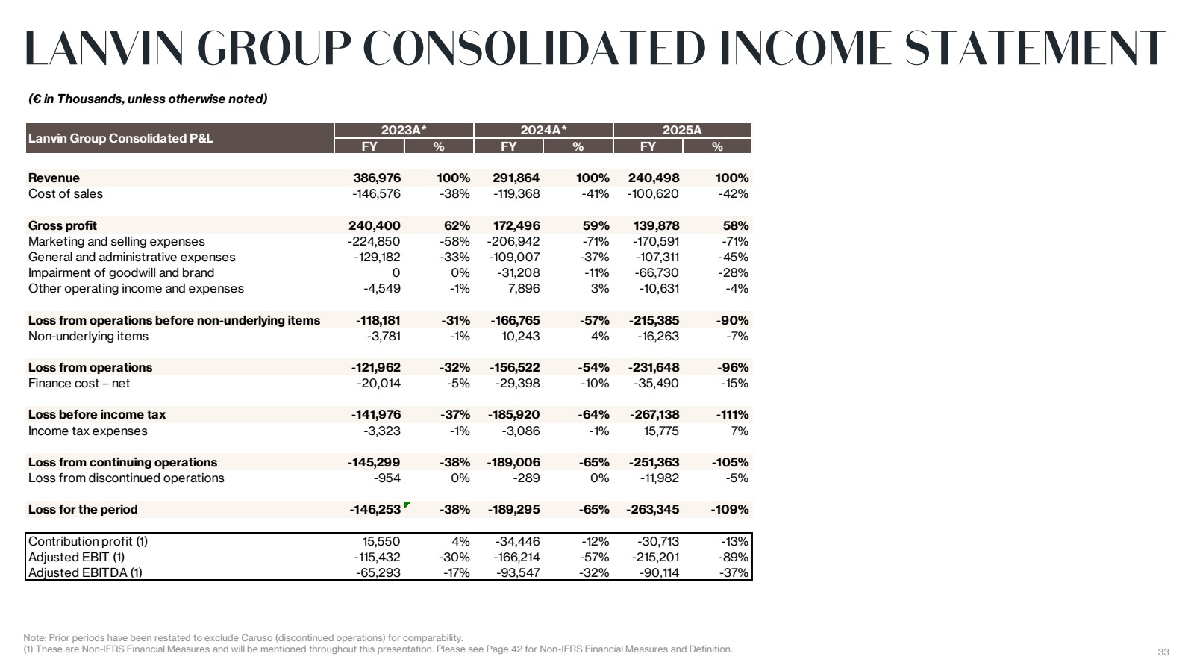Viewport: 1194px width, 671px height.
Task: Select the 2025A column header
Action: pos(682,130)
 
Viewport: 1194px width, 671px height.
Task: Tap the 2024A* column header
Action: pos(543,130)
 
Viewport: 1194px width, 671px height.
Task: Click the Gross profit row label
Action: pos(63,226)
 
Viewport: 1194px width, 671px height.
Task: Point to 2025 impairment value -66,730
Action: pos(657,273)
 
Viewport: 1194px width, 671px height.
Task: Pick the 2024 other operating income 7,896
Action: pos(522,288)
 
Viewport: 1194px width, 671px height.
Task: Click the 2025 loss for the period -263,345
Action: pos(652,510)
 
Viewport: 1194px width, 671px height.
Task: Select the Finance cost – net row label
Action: pos(79,383)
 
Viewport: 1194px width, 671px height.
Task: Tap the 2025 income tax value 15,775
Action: pos(661,431)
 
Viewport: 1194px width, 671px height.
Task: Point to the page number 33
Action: pos(1163,652)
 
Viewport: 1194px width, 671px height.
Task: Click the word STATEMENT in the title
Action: pos(1035,49)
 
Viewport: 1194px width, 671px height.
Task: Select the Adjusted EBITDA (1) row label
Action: pos(85,573)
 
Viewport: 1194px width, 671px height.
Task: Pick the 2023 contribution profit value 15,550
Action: pos(381,541)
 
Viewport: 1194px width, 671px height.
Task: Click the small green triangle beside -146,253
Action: pos(407,504)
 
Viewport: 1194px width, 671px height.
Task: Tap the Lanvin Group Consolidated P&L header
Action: pos(120,139)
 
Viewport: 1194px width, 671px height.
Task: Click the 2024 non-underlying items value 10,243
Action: pos(520,337)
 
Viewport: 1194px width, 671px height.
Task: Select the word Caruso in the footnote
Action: pos(257,638)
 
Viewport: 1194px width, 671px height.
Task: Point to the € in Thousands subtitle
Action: pos(148,99)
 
